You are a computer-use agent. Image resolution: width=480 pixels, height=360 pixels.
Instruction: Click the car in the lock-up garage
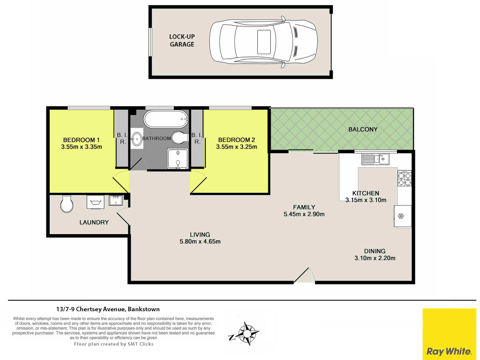click(263, 42)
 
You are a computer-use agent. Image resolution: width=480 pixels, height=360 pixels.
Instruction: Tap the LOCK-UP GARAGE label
click(182, 40)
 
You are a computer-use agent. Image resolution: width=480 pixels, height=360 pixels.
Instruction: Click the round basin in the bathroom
click(137, 139)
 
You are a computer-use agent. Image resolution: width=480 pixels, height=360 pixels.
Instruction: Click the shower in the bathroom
click(178, 159)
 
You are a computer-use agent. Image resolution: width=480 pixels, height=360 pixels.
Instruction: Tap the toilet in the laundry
click(67, 204)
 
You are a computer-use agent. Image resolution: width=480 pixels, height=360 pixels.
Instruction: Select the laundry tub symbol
click(95, 202)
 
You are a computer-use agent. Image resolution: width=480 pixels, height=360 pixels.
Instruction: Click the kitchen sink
click(375, 159)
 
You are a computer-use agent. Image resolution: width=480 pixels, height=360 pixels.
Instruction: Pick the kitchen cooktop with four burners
click(404, 178)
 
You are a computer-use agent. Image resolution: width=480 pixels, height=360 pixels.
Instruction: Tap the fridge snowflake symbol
click(401, 216)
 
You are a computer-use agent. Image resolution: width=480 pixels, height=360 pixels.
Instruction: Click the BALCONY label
click(363, 129)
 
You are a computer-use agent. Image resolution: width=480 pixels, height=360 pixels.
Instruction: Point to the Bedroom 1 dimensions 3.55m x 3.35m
click(81, 147)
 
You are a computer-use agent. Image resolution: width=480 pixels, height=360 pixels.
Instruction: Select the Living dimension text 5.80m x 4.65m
click(200, 242)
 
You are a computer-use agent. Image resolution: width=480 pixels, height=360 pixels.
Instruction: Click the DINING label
click(375, 251)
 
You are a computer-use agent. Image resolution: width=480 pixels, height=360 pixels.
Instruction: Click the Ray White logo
click(449, 334)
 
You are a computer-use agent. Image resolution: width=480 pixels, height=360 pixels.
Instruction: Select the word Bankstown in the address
click(144, 309)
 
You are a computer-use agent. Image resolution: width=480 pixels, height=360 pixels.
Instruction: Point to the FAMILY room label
click(304, 207)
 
